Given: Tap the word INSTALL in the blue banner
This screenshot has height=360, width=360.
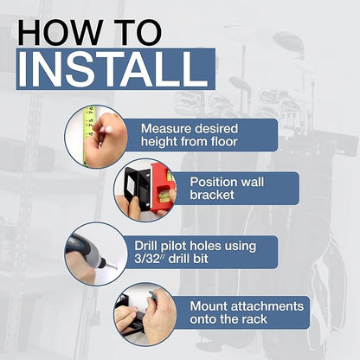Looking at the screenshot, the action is click(112, 69).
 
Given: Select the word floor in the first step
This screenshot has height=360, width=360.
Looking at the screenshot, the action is click(224, 141).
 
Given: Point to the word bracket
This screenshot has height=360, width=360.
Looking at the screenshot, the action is click(212, 195).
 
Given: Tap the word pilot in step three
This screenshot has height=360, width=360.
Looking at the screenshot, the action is click(172, 247).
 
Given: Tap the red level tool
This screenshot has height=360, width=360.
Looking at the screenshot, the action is click(163, 188).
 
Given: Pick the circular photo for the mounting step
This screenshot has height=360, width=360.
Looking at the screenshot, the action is click(145, 314).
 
